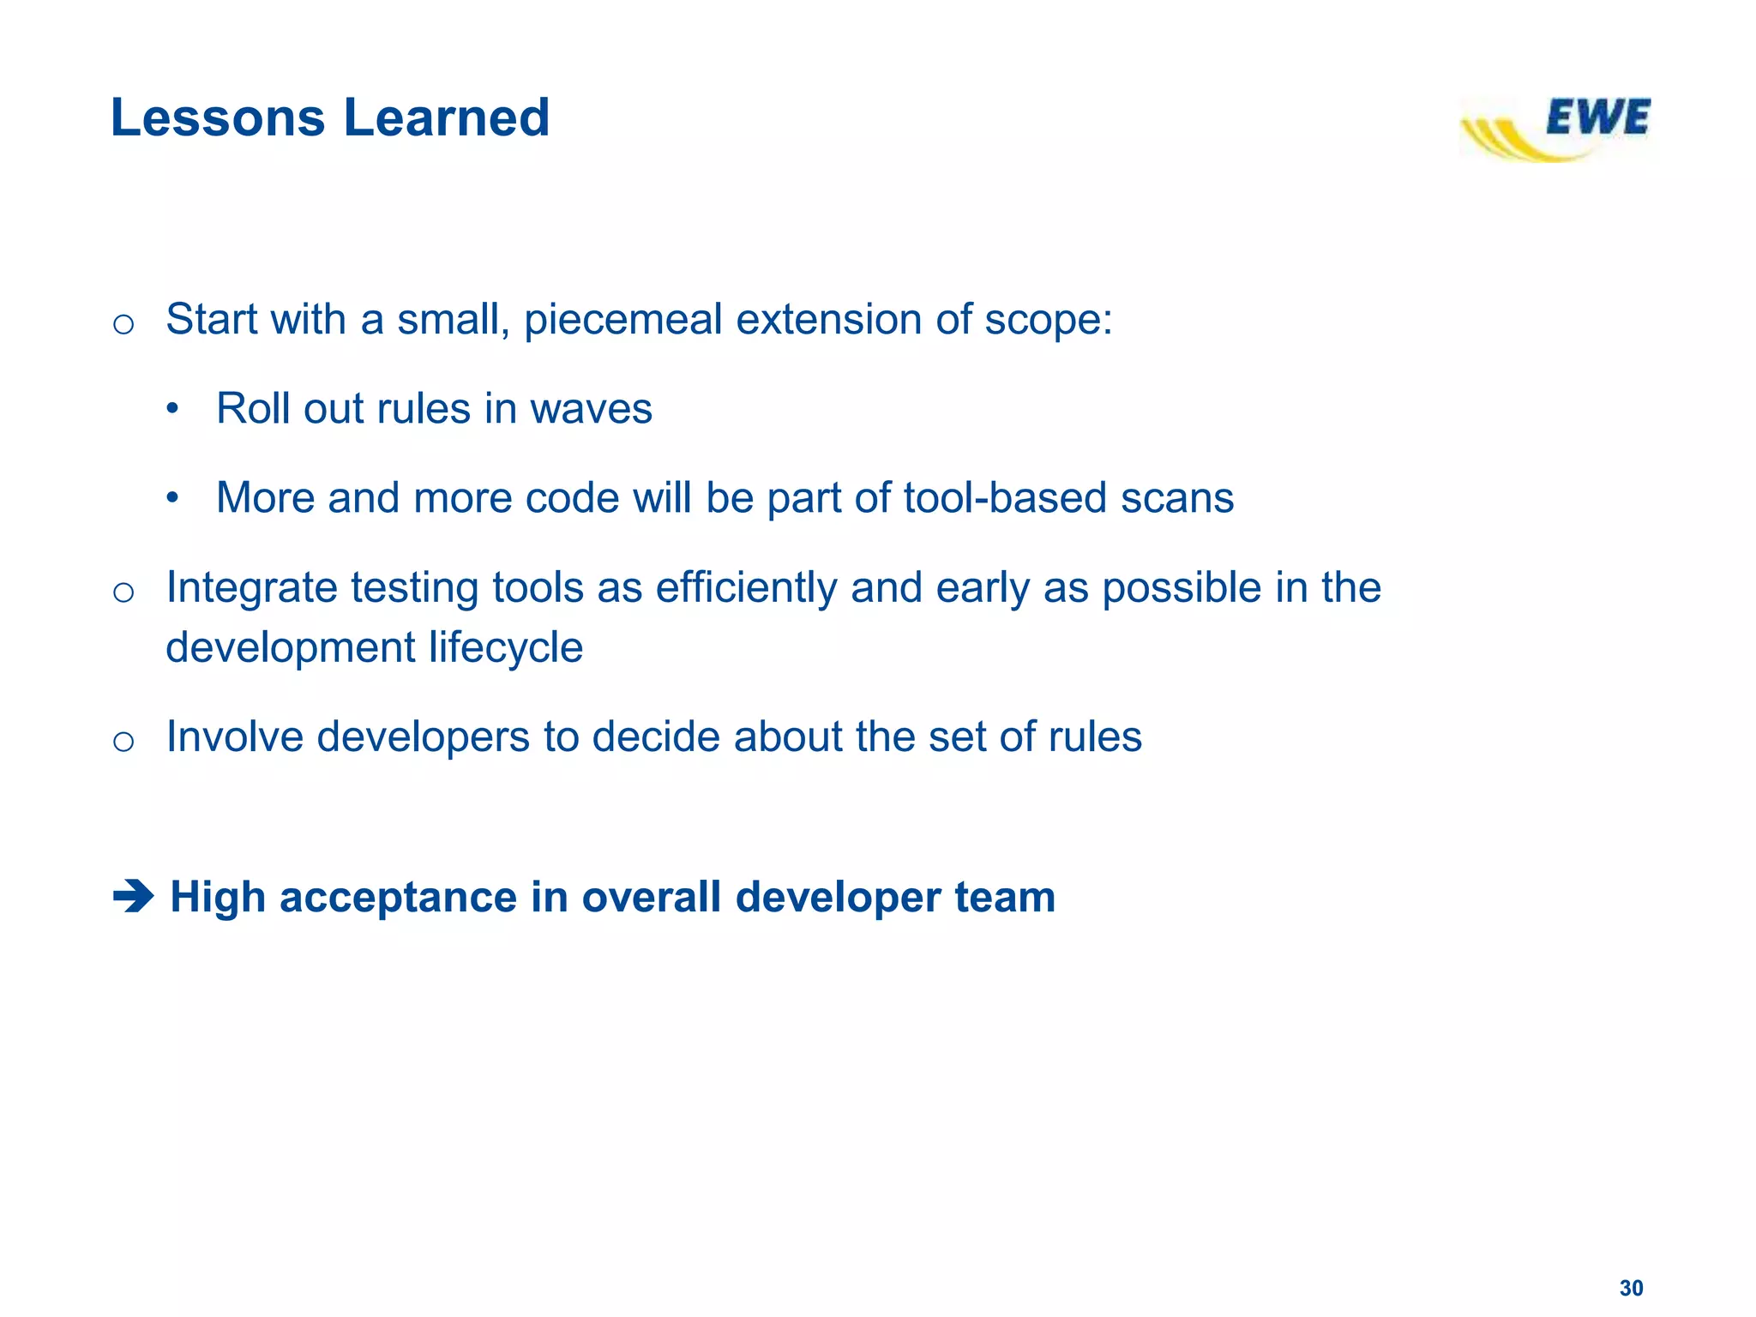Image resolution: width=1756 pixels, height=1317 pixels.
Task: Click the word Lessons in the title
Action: (x=218, y=117)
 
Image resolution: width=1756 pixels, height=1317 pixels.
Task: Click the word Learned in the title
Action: (x=446, y=117)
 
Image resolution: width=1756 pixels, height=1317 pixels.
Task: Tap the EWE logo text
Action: (x=1597, y=117)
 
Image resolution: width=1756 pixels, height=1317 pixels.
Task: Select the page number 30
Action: (x=1631, y=1288)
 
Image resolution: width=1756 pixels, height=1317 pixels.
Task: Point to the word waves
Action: (x=591, y=409)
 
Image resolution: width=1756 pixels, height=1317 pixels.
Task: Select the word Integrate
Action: (x=251, y=589)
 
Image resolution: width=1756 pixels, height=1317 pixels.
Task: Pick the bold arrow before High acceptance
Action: (x=133, y=898)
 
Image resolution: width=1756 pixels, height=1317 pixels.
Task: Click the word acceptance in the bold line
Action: (x=398, y=898)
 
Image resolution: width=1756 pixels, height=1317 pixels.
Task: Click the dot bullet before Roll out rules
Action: (x=172, y=409)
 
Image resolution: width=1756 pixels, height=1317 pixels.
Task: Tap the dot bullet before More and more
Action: (x=172, y=498)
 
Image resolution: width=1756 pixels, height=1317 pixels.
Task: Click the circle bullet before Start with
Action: (x=123, y=324)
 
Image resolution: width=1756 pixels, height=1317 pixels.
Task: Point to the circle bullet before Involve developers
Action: (x=123, y=741)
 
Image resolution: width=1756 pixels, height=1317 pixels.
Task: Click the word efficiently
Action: (x=746, y=589)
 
